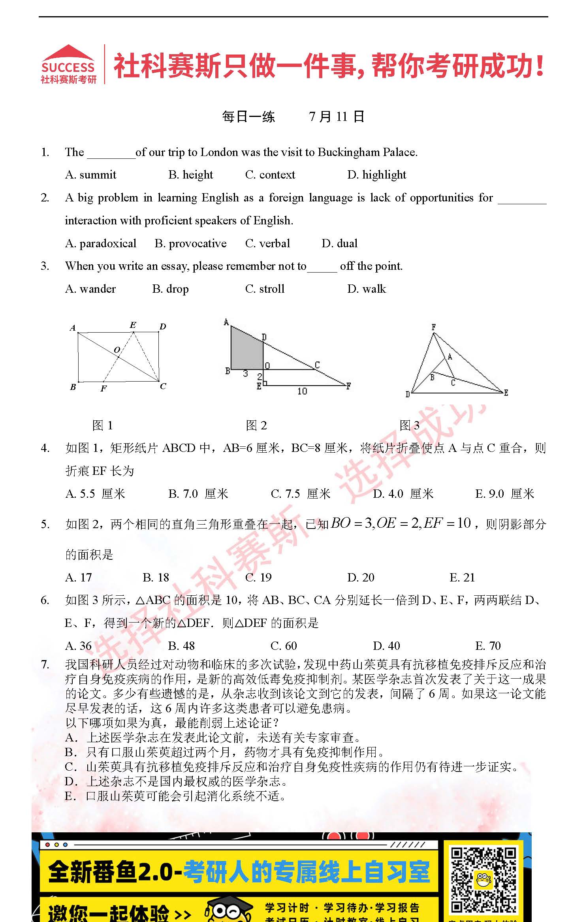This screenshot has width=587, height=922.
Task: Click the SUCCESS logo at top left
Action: pos(69,64)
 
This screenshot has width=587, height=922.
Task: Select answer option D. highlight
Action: pos(376,175)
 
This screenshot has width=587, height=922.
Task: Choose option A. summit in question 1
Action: pos(91,175)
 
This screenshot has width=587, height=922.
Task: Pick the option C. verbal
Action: pos(267,243)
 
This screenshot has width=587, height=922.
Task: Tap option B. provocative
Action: pos(190,243)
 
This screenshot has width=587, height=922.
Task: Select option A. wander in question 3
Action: pos(90,289)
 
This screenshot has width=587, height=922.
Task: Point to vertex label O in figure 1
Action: pos(117,350)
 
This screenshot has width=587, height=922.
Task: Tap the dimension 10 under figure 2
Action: pos(302,391)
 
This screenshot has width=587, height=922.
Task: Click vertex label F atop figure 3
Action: pos(433,327)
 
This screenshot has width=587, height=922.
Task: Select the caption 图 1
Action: pos(102,425)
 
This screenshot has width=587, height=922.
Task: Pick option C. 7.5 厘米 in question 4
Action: pos(300,494)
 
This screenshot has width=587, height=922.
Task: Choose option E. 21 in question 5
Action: pos(462,578)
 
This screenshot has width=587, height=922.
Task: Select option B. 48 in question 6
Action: pos(181,646)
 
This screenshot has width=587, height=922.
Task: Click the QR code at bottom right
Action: pos(484,880)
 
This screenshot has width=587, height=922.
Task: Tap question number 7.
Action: pos(45,664)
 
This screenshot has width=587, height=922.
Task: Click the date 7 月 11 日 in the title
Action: pos(336,117)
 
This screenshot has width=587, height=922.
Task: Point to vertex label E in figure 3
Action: pos(506,392)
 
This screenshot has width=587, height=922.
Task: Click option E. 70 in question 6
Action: pos(488,646)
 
